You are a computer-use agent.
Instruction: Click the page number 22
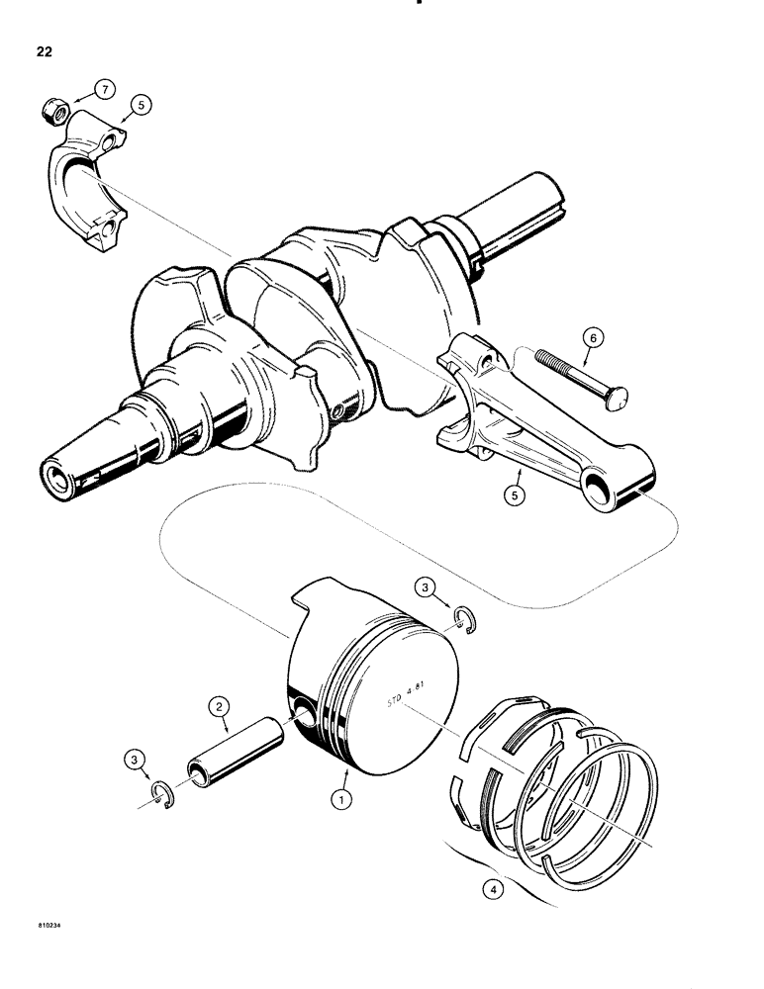pos(41,51)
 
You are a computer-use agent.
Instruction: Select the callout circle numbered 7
pos(104,92)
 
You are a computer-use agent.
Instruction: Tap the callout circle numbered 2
pos(219,707)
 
